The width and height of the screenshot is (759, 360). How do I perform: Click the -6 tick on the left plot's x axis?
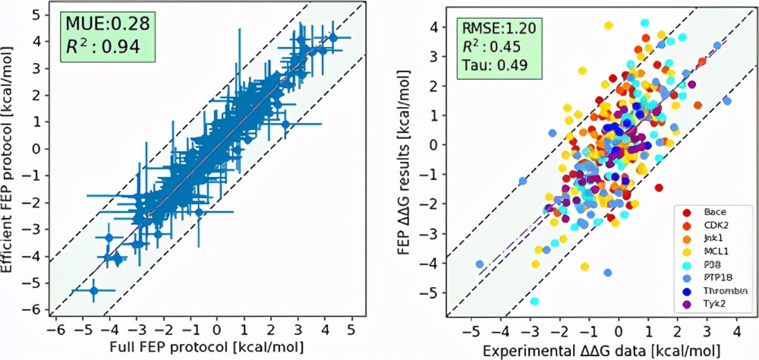tap(53, 332)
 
